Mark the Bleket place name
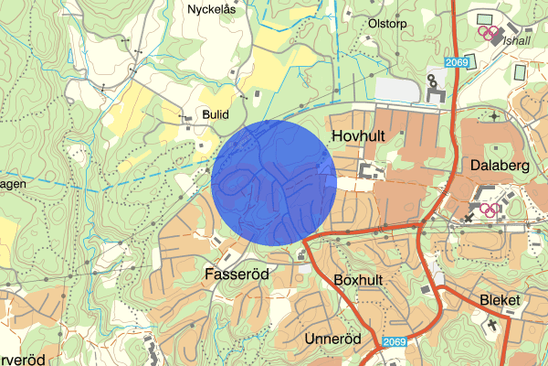(x=499, y=300)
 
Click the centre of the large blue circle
(x=273, y=182)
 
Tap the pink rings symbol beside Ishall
(x=491, y=35)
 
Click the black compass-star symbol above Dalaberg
(x=494, y=116)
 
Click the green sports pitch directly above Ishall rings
(x=483, y=17)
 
